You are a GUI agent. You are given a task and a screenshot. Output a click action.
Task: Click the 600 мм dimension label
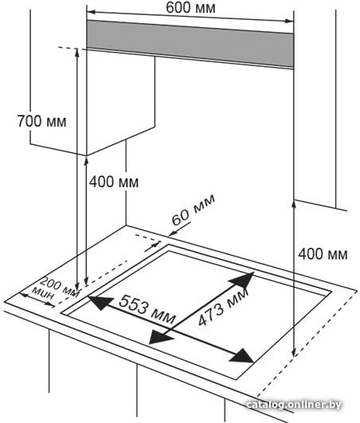coord(190,8)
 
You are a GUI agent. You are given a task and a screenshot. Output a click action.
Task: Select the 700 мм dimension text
coord(41,121)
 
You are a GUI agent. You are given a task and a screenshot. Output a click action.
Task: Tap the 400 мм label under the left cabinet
coord(114,182)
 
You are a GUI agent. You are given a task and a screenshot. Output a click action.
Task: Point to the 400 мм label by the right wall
coord(323,254)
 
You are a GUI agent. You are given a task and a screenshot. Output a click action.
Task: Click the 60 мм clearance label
coord(193,210)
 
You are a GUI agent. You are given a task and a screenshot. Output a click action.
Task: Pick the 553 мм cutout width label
coord(147,309)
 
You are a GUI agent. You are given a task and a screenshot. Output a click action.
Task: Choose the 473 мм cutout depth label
coord(223,307)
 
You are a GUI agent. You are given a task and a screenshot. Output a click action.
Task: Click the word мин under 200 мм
coord(43,293)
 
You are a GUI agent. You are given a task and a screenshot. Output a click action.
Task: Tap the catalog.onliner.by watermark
coord(294,405)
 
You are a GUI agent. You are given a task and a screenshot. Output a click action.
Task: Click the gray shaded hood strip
coord(190,45)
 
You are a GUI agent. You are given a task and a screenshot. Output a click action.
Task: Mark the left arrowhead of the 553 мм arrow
coord(100,303)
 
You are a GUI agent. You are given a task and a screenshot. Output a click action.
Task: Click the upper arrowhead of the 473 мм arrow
coord(242,280)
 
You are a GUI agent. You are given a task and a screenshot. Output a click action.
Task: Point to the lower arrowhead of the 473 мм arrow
coord(161,336)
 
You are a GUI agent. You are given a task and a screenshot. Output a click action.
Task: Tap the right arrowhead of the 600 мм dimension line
coord(289,21)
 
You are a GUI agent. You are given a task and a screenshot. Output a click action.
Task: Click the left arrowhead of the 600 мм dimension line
coord(91,12)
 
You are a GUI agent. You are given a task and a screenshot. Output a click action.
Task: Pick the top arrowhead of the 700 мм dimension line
coord(77,53)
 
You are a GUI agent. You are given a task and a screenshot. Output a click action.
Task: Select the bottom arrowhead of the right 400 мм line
coord(294,351)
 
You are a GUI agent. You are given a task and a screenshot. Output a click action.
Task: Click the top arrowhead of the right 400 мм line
coord(294,205)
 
